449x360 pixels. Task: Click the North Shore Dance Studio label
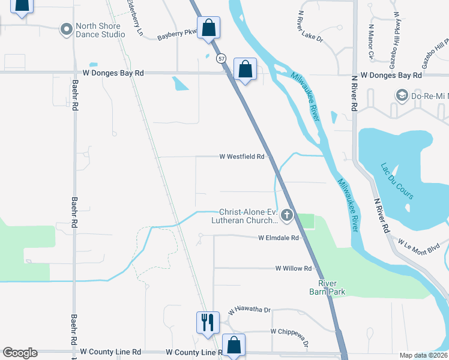pyautogui.click(x=100, y=30)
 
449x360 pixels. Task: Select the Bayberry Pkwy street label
pyautogui.click(x=177, y=35)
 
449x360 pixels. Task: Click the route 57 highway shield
pyautogui.click(x=221, y=58)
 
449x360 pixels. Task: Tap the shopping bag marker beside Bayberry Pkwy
pyautogui.click(x=208, y=28)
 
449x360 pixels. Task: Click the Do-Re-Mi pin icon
pyautogui.click(x=402, y=95)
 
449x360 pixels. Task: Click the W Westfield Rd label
pyautogui.click(x=242, y=157)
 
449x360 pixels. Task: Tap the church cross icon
pyautogui.click(x=287, y=215)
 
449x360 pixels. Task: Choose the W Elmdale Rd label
pyautogui.click(x=279, y=238)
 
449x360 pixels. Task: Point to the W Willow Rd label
pyautogui.click(x=294, y=268)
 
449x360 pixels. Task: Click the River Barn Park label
pyautogui.click(x=332, y=287)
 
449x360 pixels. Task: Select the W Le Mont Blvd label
pyautogui.click(x=419, y=245)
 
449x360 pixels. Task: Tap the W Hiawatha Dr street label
pyautogui.click(x=249, y=311)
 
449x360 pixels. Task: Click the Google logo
pyautogui.click(x=20, y=353)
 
